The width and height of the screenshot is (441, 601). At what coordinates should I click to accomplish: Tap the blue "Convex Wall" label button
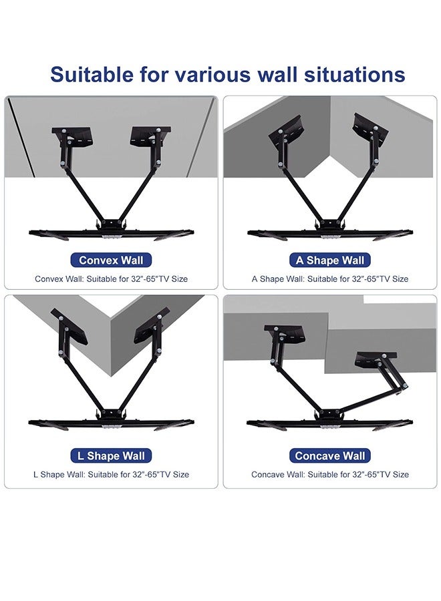(x=111, y=260)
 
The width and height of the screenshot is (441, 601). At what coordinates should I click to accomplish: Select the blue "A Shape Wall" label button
(x=330, y=260)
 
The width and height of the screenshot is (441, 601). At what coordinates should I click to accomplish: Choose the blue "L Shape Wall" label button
(x=111, y=456)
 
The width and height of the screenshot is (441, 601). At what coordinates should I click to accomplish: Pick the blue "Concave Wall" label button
(x=330, y=456)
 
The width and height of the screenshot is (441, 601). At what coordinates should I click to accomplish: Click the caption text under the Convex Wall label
(x=111, y=279)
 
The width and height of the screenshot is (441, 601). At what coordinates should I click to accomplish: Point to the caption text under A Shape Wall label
(x=330, y=279)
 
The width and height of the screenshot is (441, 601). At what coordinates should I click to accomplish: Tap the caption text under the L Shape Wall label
(x=111, y=475)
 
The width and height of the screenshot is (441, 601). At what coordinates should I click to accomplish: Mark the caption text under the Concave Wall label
(x=330, y=475)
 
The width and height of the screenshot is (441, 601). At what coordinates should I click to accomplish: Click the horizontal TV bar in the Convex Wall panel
(x=111, y=233)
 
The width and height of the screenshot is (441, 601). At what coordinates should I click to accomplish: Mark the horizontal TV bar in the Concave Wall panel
(x=330, y=423)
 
